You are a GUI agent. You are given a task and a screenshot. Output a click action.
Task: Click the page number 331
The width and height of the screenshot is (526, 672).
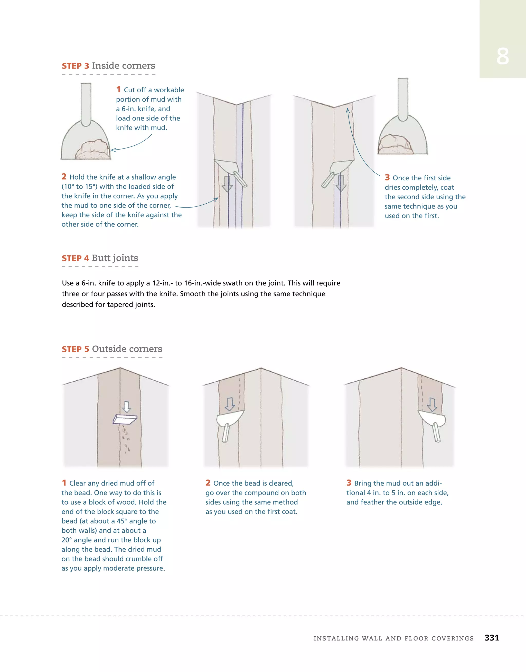[x=492, y=638]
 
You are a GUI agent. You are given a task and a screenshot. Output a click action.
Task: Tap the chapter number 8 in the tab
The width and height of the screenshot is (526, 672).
[x=502, y=56]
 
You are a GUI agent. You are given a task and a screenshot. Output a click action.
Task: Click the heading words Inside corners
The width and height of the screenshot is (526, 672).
[x=123, y=66]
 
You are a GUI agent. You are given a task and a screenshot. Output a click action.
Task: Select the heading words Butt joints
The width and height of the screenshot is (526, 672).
[x=115, y=258]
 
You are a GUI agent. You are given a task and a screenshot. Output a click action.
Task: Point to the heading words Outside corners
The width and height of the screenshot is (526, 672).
[x=127, y=349]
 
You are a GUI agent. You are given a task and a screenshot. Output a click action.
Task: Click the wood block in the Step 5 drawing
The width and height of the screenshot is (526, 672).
[x=125, y=419]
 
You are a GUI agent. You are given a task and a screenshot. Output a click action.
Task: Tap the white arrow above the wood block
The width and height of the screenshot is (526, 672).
[x=126, y=407]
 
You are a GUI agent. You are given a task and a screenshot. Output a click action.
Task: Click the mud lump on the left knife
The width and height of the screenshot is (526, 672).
[x=93, y=150]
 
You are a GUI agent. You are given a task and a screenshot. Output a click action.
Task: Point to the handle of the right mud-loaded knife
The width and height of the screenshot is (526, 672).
[x=403, y=99]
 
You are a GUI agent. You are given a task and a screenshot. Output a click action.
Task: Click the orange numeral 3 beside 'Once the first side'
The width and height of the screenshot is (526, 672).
[x=387, y=177]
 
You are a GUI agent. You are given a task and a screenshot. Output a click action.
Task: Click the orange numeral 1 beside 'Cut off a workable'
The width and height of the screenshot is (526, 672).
[x=118, y=90]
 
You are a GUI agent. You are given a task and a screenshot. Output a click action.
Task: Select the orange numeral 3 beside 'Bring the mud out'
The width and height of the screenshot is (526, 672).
[x=349, y=483]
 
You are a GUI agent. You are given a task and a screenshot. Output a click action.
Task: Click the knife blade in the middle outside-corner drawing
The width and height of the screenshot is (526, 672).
[x=229, y=418]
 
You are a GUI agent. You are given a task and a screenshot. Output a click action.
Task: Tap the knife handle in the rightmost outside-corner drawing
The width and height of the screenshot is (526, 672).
[x=437, y=432]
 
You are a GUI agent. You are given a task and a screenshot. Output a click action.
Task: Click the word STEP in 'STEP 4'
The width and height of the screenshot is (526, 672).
[x=71, y=258]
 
